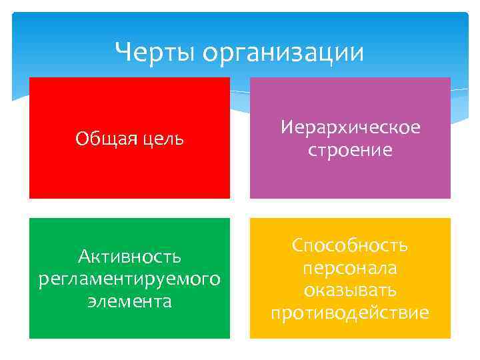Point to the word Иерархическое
tap(350, 127)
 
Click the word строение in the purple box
tap(350, 151)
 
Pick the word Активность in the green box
tap(129, 255)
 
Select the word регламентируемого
tap(129, 278)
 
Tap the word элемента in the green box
tap(129, 301)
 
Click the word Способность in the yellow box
tap(350, 245)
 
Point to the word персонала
tap(350, 267)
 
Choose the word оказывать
tap(350, 290)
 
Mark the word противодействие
tap(350, 313)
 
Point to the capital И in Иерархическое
tap(286, 127)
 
